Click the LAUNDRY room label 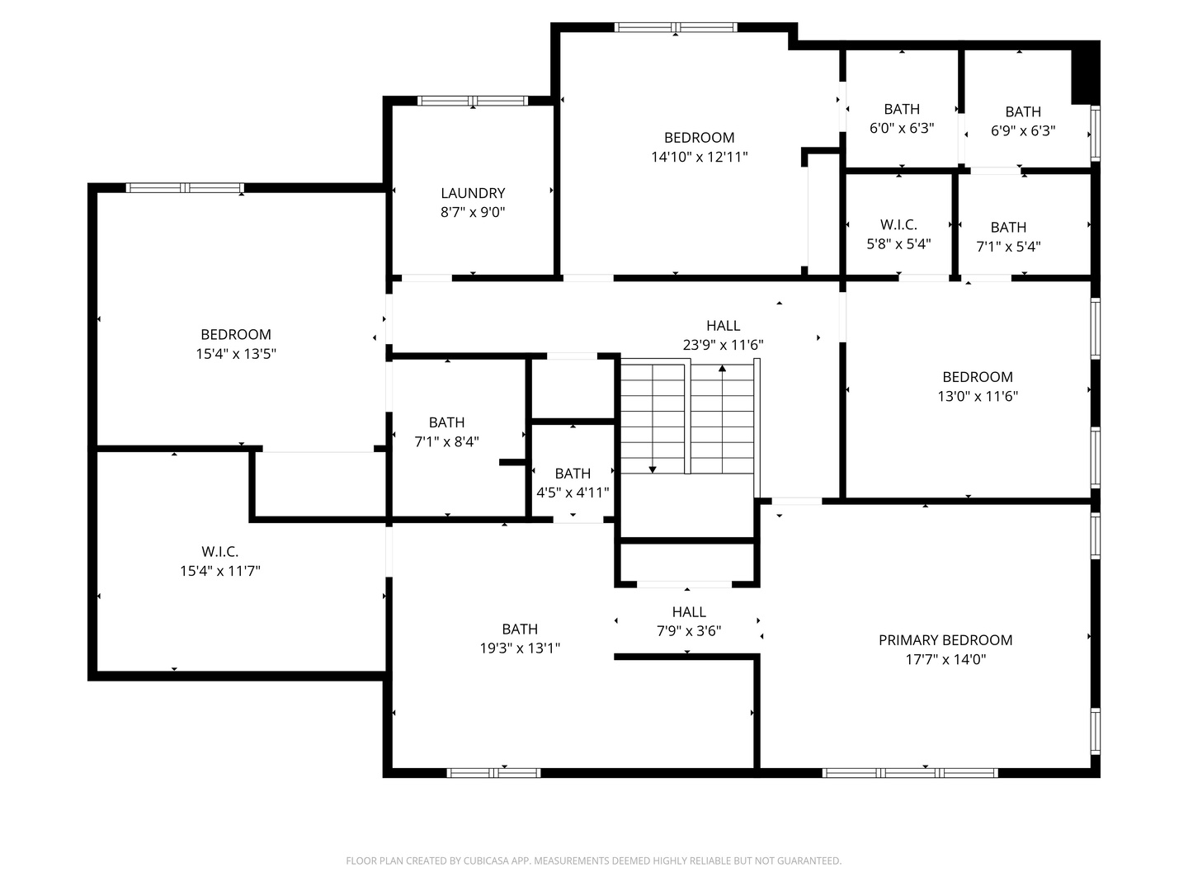(473, 193)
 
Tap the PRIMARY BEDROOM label (945, 640)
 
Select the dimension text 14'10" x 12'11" (700, 157)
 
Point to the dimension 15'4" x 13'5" (236, 354)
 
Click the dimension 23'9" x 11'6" (723, 345)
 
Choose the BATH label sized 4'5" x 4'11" (573, 474)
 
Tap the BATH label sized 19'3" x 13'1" (520, 629)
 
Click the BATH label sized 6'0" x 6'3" (902, 109)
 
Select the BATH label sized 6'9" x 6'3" (1023, 112)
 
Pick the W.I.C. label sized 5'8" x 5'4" (898, 224)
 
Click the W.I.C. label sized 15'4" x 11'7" (219, 552)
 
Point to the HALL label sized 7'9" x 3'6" (689, 612)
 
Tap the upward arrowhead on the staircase (722, 369)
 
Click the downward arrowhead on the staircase (653, 469)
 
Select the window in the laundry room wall (473, 101)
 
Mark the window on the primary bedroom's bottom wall (910, 773)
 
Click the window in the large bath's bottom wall (493, 773)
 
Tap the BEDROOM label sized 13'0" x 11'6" (978, 377)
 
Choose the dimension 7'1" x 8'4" (446, 442)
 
